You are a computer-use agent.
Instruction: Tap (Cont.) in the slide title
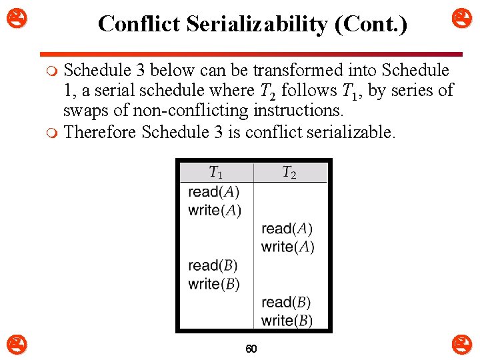coord(374,24)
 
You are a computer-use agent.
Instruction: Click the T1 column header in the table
coord(216,173)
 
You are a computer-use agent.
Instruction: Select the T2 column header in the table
coord(289,173)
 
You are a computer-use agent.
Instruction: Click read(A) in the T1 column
coord(213,192)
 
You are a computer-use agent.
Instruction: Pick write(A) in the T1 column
coord(215,210)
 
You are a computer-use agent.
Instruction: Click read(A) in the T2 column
coord(287,229)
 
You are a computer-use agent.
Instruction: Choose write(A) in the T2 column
coord(288,247)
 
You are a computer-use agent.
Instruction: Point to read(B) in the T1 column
coord(213,265)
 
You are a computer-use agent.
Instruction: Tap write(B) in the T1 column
coord(214,283)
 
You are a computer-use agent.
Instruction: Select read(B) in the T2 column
coord(286,302)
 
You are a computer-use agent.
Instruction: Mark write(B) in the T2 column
coord(287,321)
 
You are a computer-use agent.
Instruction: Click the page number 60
coord(251,349)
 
